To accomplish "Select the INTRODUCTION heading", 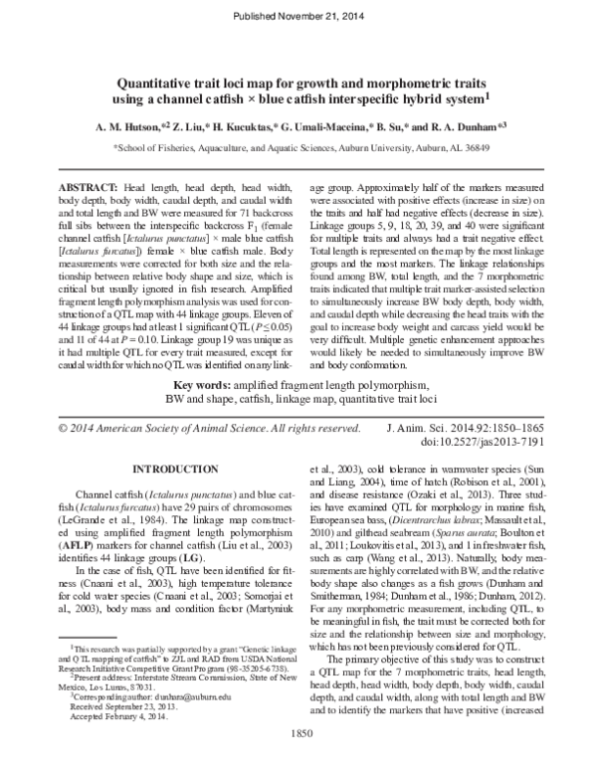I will coord(175,468).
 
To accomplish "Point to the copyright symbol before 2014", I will coord(64,428).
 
